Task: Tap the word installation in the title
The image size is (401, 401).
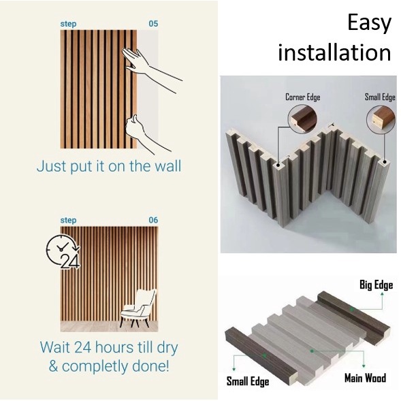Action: point(334,52)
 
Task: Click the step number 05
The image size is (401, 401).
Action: point(153,24)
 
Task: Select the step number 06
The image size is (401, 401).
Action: point(153,220)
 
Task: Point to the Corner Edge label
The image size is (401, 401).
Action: point(303,97)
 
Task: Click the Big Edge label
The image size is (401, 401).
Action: point(376,285)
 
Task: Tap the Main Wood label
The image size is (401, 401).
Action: point(365,378)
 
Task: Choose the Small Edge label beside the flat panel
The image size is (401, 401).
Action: point(248,381)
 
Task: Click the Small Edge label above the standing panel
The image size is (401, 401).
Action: point(380,97)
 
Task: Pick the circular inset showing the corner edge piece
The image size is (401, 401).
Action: point(302,119)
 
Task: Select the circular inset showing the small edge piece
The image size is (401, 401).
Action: point(381,119)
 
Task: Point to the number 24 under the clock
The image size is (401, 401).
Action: point(70,261)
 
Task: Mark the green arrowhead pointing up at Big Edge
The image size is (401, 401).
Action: point(382,294)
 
